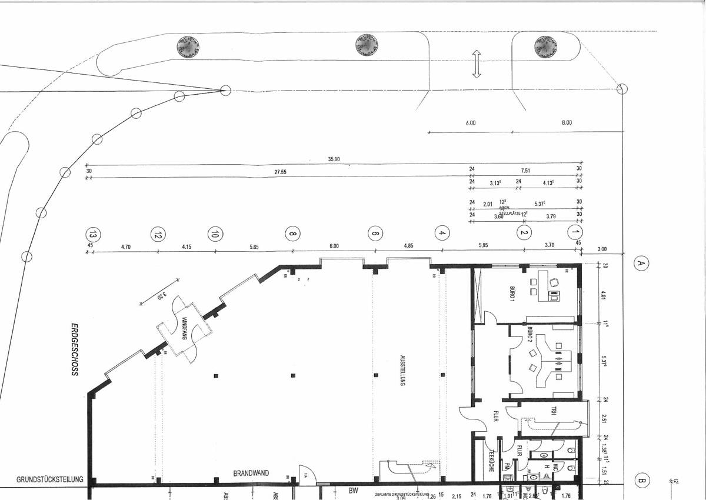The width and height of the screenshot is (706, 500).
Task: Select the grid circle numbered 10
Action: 216,233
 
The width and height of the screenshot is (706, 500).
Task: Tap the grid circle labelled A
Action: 641,264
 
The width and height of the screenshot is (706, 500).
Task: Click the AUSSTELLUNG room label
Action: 402,370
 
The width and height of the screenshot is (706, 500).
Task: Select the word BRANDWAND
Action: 251,473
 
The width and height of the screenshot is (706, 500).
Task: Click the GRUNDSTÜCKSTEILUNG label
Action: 51,479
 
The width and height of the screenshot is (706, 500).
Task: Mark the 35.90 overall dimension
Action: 334,159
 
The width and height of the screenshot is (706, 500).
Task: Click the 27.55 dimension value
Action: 280,172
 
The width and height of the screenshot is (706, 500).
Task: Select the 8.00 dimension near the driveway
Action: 566,123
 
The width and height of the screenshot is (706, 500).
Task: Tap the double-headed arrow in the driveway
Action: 476,64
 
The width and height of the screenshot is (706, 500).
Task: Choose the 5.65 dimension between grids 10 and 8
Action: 254,247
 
